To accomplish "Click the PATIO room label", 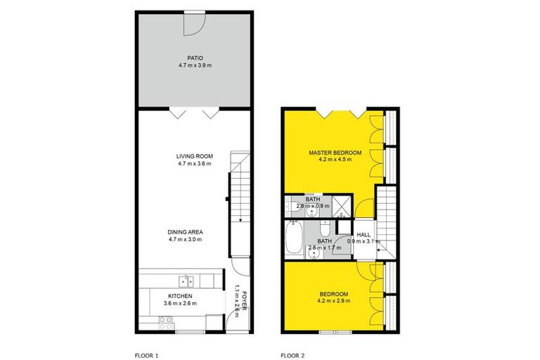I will coord(195,58).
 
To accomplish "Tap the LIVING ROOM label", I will coord(195,156).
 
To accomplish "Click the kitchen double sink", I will coord(186,281).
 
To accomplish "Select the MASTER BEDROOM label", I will coord(335,153).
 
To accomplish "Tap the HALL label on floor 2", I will coord(364,235).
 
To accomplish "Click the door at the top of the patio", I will coord(194,21).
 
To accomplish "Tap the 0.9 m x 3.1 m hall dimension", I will coord(364,243).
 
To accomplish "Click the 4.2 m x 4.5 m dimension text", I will coord(335,160).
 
